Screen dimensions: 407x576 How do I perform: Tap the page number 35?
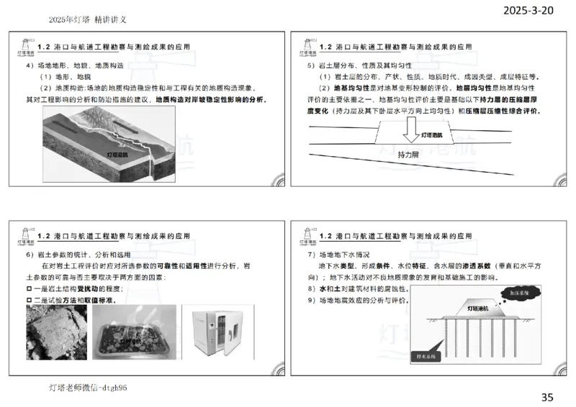pos(547,396)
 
